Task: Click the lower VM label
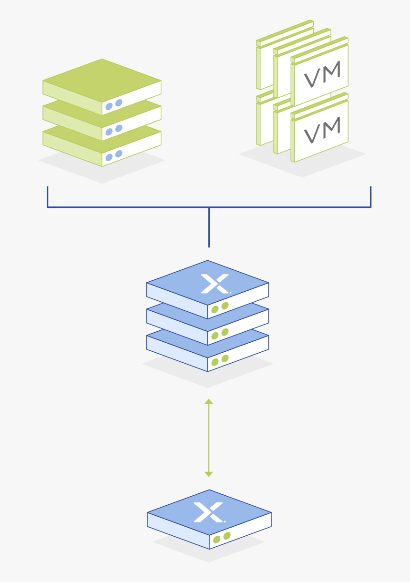[x=323, y=130]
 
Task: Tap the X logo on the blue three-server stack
[x=215, y=284]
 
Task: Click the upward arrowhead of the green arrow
[x=209, y=402]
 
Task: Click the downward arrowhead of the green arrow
[x=209, y=474]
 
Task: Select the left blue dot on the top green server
[x=109, y=106]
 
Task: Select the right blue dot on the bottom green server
[x=119, y=154]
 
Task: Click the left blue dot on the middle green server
[x=109, y=132]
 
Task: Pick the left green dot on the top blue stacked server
[x=215, y=309]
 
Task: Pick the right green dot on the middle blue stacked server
[x=225, y=332]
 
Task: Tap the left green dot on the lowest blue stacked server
[x=215, y=362]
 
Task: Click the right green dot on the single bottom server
[x=227, y=536]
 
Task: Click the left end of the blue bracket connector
[x=47, y=191]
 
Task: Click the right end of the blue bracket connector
[x=370, y=191]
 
